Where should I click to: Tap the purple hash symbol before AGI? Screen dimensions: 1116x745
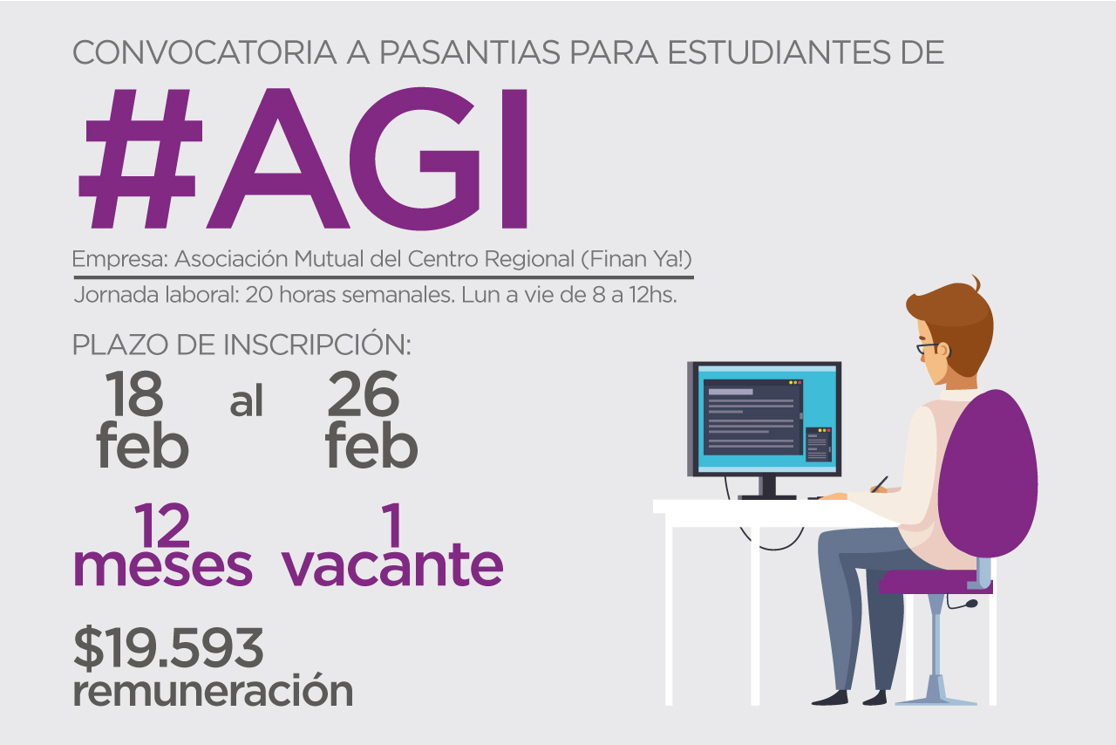tap(140, 159)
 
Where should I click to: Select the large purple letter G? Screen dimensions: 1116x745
tap(414, 159)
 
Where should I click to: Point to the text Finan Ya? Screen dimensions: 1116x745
tap(636, 259)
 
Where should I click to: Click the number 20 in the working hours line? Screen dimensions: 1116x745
tap(260, 295)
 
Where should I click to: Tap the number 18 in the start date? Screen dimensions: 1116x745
tap(133, 393)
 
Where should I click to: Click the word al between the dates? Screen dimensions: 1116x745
tap(246, 401)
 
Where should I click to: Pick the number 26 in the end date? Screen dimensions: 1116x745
tap(364, 393)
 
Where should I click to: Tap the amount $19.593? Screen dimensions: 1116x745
tap(168, 648)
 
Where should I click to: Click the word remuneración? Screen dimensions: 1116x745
tap(214, 691)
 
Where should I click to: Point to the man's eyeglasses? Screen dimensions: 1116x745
tap(930, 347)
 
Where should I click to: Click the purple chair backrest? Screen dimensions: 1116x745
tap(988, 474)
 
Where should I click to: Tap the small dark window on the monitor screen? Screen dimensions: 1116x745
tap(819, 444)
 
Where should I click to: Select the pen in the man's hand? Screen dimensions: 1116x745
tap(880, 484)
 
